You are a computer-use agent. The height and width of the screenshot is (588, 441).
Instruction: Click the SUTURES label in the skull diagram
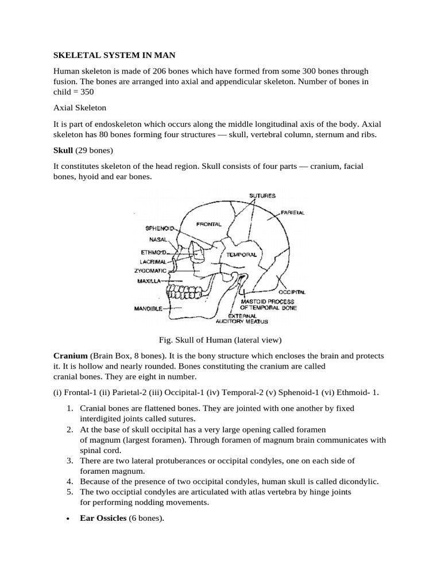[262, 196]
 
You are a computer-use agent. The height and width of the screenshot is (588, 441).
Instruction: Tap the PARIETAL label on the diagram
[293, 212]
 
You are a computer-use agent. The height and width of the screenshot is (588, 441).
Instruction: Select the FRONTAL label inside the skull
[208, 223]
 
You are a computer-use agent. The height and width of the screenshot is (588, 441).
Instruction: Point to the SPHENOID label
[159, 228]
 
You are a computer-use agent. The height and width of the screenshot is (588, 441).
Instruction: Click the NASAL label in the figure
[157, 240]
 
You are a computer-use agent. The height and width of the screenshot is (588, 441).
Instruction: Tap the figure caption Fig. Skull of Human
[220, 339]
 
